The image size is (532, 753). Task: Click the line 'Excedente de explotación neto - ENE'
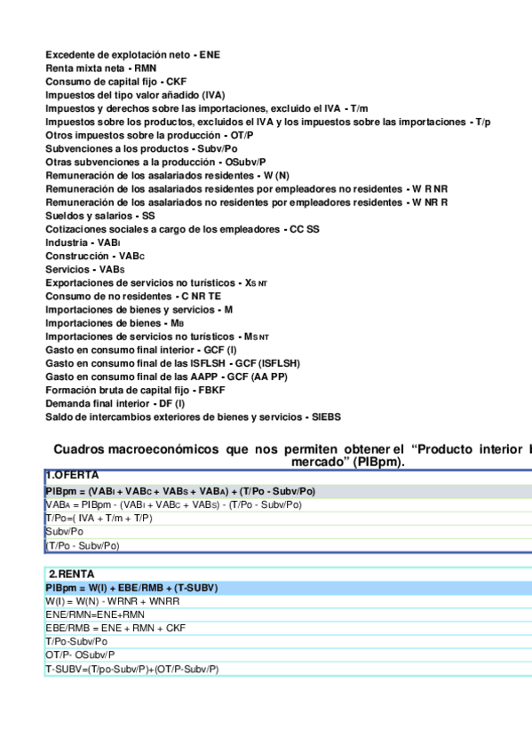click(x=132, y=55)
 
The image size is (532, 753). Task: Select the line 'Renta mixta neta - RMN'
click(x=101, y=68)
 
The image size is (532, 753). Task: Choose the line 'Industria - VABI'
click(x=83, y=242)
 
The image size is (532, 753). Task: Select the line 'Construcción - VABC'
click(x=94, y=256)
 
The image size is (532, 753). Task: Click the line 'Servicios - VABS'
click(x=85, y=269)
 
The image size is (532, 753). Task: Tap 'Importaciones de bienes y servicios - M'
click(x=139, y=310)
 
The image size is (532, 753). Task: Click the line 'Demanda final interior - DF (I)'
click(x=115, y=403)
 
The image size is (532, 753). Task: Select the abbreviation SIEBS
click(x=325, y=416)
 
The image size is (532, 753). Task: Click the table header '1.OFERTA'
click(x=73, y=476)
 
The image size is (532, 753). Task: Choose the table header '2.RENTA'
click(x=71, y=575)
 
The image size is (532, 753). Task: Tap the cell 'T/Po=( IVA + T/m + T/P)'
click(x=99, y=518)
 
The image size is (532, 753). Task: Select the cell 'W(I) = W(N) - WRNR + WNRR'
click(x=112, y=601)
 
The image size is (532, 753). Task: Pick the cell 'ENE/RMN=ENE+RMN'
click(x=95, y=614)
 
